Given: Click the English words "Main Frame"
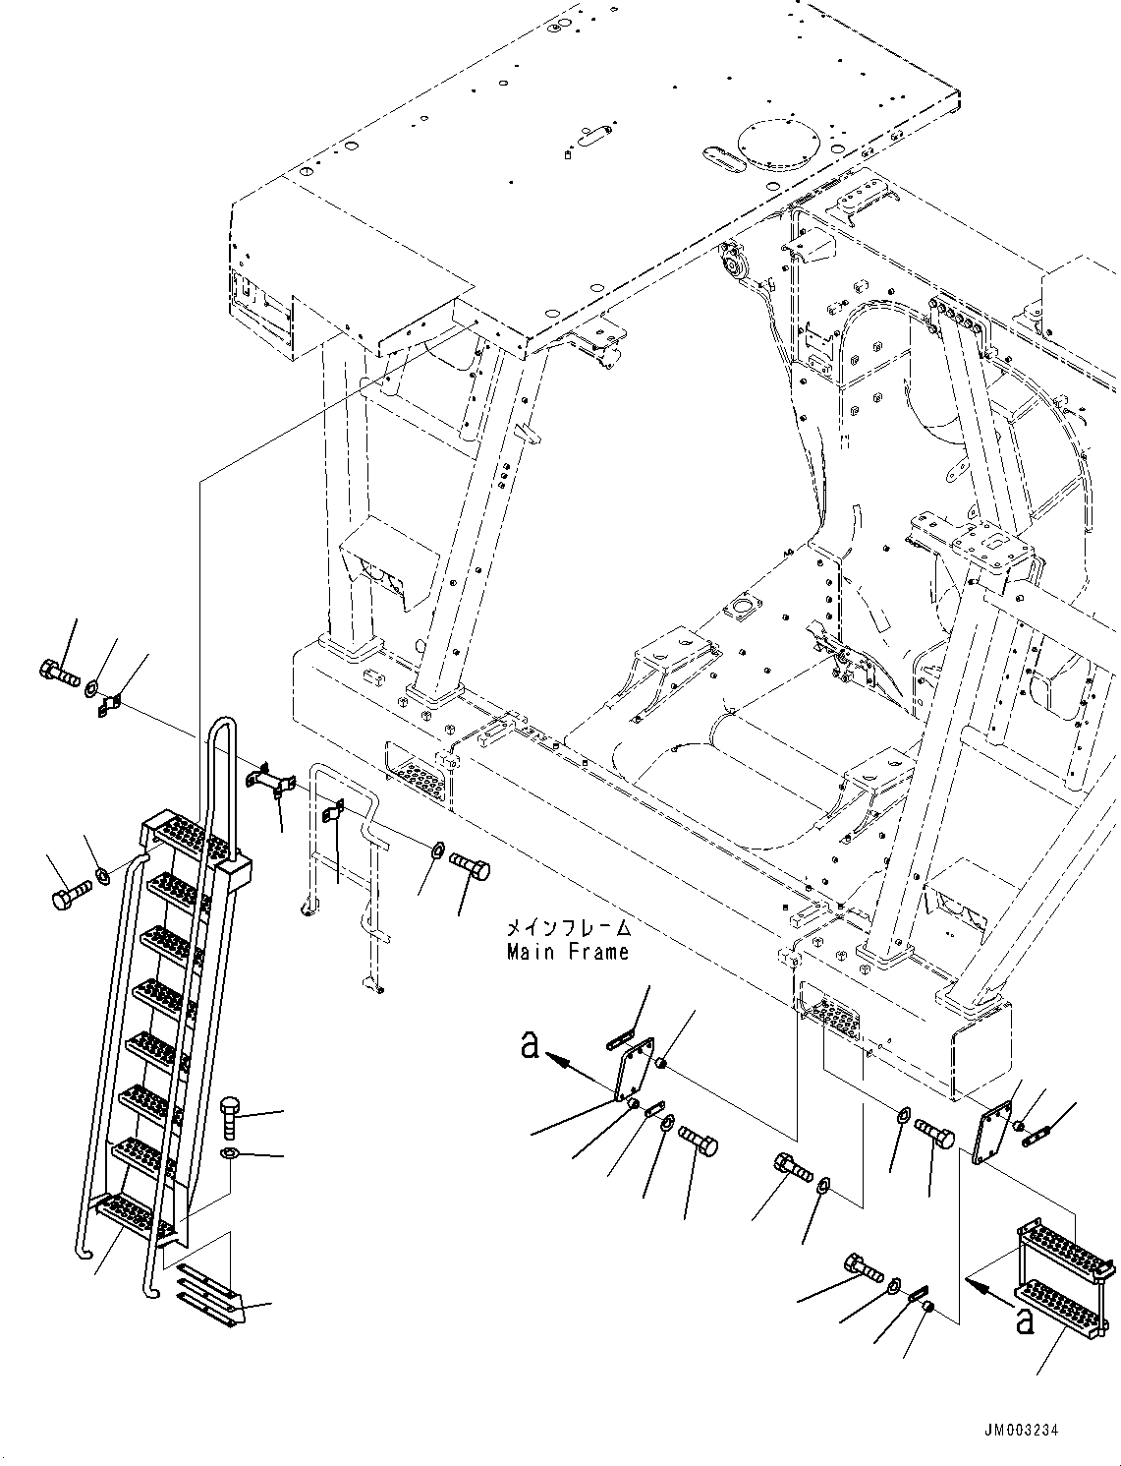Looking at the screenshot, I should [x=567, y=952].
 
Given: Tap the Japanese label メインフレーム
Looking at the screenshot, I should [x=567, y=928].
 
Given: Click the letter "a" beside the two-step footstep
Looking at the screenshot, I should [x=1025, y=1322].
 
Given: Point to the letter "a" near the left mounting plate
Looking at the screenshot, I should [x=531, y=1048].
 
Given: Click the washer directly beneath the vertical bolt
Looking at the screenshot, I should [x=229, y=1152].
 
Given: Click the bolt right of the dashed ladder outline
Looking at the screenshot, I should [x=470, y=867].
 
